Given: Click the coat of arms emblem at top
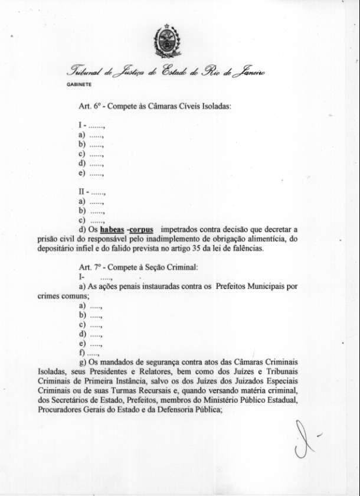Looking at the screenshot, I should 166,40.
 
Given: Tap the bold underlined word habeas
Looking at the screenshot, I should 112,229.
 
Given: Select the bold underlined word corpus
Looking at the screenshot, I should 142,229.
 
